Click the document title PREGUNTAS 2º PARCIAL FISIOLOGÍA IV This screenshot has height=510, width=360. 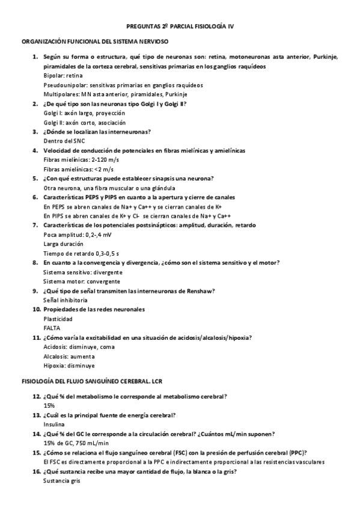(x=180, y=27)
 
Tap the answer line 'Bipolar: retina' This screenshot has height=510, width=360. (x=63, y=76)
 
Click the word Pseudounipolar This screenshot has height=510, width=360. (x=64, y=85)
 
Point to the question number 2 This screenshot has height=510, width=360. (x=35, y=103)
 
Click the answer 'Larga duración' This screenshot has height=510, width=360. (x=64, y=244)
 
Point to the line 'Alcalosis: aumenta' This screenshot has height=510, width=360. (x=69, y=356)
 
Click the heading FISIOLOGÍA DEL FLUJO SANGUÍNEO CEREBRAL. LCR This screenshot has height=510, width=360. (x=92, y=381)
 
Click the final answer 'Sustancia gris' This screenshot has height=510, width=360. (x=62, y=481)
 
